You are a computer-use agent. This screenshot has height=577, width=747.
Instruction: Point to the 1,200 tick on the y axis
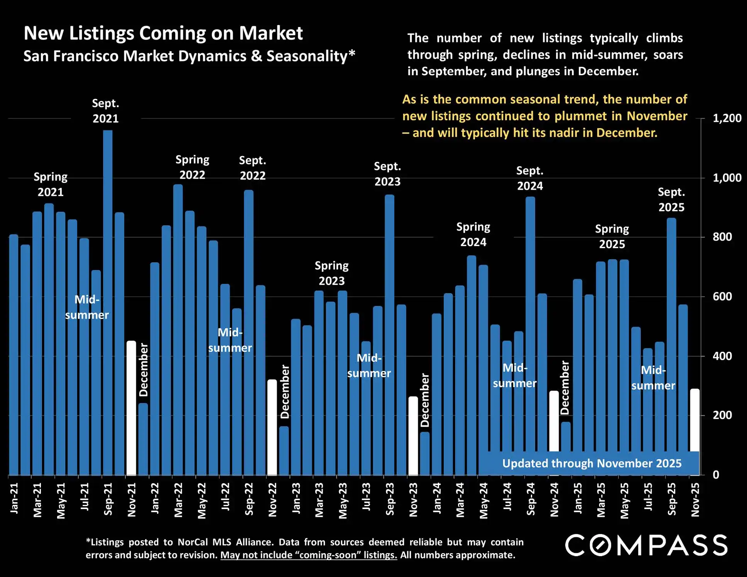point(727,118)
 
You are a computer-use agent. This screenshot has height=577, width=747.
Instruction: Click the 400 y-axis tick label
point(722,356)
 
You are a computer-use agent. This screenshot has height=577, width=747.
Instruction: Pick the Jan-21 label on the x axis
point(14,498)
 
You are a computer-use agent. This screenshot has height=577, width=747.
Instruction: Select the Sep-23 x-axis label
point(390,499)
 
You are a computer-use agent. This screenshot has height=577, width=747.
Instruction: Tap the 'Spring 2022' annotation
point(192,167)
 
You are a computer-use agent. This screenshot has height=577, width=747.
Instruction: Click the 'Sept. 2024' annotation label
point(530,178)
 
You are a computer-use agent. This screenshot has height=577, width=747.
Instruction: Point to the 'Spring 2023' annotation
point(331,273)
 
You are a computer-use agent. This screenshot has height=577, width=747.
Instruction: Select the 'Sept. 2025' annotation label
point(671,199)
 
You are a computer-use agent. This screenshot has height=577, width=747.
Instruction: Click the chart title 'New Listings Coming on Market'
point(163,33)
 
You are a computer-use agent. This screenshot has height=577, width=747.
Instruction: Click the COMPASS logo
point(646,545)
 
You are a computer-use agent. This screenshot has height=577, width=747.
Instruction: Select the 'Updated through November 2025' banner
point(592,463)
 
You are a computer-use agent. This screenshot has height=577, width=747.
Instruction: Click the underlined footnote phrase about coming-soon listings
point(309,555)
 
